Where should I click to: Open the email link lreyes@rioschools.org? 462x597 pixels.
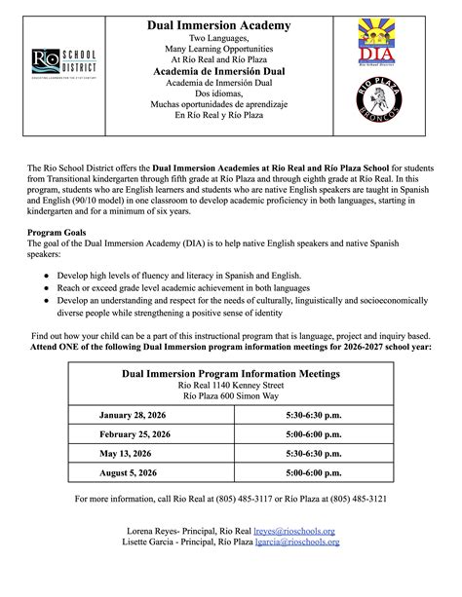click(295, 531)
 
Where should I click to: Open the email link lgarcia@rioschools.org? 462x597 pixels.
click(295, 542)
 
